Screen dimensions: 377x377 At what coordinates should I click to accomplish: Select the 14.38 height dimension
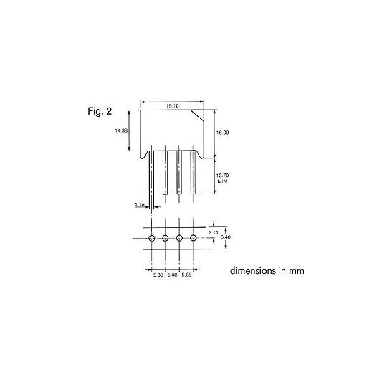(x=121, y=131)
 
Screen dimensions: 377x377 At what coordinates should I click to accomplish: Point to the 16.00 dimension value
(x=222, y=133)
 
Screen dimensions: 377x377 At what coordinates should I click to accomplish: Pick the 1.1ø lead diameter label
(x=140, y=205)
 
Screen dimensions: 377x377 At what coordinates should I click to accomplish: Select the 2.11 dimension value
(x=213, y=232)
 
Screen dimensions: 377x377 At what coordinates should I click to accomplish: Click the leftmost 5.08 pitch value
(x=158, y=275)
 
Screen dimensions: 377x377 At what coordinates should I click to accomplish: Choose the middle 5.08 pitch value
(x=172, y=275)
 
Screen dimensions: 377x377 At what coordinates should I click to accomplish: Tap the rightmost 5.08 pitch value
(x=186, y=275)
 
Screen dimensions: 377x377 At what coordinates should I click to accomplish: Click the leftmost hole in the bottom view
(x=151, y=238)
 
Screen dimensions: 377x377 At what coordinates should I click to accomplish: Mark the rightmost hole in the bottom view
(x=193, y=238)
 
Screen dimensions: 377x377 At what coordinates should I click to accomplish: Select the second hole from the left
(x=165, y=238)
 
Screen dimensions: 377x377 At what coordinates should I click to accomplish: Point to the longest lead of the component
(x=152, y=183)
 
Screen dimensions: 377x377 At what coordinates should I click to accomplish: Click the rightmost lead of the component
(x=193, y=172)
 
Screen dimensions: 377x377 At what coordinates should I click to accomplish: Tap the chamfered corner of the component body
(x=143, y=105)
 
